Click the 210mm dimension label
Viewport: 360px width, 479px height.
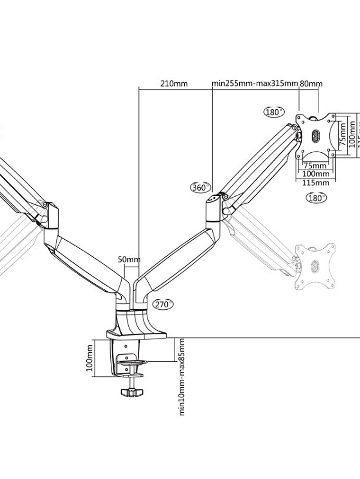[x=174, y=84]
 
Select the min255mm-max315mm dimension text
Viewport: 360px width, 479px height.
[x=255, y=84]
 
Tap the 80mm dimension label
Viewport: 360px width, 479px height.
[x=311, y=84]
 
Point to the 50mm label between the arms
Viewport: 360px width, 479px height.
[x=129, y=260]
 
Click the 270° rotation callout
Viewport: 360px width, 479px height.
[x=162, y=305]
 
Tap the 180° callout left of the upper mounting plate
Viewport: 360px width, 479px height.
[x=272, y=112]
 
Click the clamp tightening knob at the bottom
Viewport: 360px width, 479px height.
[x=132, y=392]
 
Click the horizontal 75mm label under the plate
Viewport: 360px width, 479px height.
[x=315, y=166]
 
